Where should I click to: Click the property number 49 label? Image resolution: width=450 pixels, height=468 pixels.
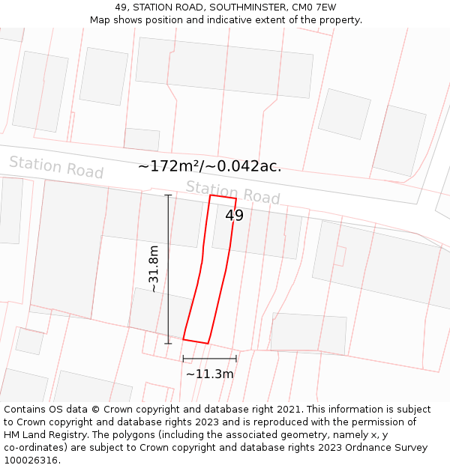(x=235, y=216)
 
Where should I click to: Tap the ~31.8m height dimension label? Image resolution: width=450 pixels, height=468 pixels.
(x=154, y=269)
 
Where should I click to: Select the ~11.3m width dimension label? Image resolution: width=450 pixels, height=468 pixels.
(x=209, y=374)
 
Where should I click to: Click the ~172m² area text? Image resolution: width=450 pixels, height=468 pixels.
(x=169, y=166)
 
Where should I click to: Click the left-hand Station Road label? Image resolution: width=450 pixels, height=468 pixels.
(x=56, y=167)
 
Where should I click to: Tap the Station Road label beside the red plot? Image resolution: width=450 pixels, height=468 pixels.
(x=232, y=192)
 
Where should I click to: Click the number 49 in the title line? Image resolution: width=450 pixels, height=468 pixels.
(x=121, y=7)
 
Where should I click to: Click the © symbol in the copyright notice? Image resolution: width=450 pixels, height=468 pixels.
(x=96, y=410)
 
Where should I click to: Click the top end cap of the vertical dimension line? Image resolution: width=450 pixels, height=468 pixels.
(x=168, y=195)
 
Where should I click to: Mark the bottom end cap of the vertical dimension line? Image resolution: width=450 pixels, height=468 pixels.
(x=168, y=344)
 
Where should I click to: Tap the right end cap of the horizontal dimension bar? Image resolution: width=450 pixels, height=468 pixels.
(x=236, y=359)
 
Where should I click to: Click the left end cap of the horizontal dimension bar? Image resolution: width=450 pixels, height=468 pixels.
(x=183, y=359)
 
